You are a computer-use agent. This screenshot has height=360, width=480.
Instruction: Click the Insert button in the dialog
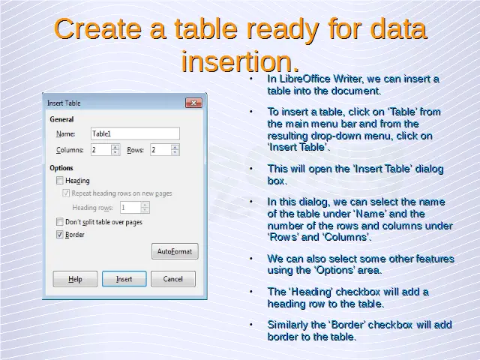tap(124, 279)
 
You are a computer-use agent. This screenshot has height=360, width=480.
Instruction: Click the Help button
tap(75, 279)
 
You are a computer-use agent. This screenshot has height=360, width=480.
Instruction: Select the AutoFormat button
tap(175, 251)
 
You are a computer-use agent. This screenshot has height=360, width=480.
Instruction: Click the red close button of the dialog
tap(193, 103)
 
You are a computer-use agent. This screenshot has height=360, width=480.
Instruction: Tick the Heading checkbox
tap(60, 180)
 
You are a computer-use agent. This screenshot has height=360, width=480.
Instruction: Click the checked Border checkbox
tap(60, 235)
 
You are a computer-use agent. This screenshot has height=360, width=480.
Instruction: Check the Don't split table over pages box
tap(60, 221)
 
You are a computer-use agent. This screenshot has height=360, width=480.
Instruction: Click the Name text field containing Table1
tap(135, 133)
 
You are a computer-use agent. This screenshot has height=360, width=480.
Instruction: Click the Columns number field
tap(105, 150)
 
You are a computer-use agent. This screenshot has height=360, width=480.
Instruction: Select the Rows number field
tap(165, 150)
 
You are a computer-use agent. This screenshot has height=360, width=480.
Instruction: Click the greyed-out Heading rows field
tap(135, 208)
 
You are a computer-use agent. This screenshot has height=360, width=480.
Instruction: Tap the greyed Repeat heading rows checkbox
tap(66, 193)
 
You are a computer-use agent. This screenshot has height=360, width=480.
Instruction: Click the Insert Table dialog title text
tap(64, 103)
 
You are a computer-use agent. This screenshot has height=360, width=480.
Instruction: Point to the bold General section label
tap(61, 119)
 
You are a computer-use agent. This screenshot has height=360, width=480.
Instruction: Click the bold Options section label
tap(61, 168)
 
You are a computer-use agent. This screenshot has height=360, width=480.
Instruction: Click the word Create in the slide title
tap(97, 28)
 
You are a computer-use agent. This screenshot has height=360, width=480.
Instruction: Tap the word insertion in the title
tap(240, 61)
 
